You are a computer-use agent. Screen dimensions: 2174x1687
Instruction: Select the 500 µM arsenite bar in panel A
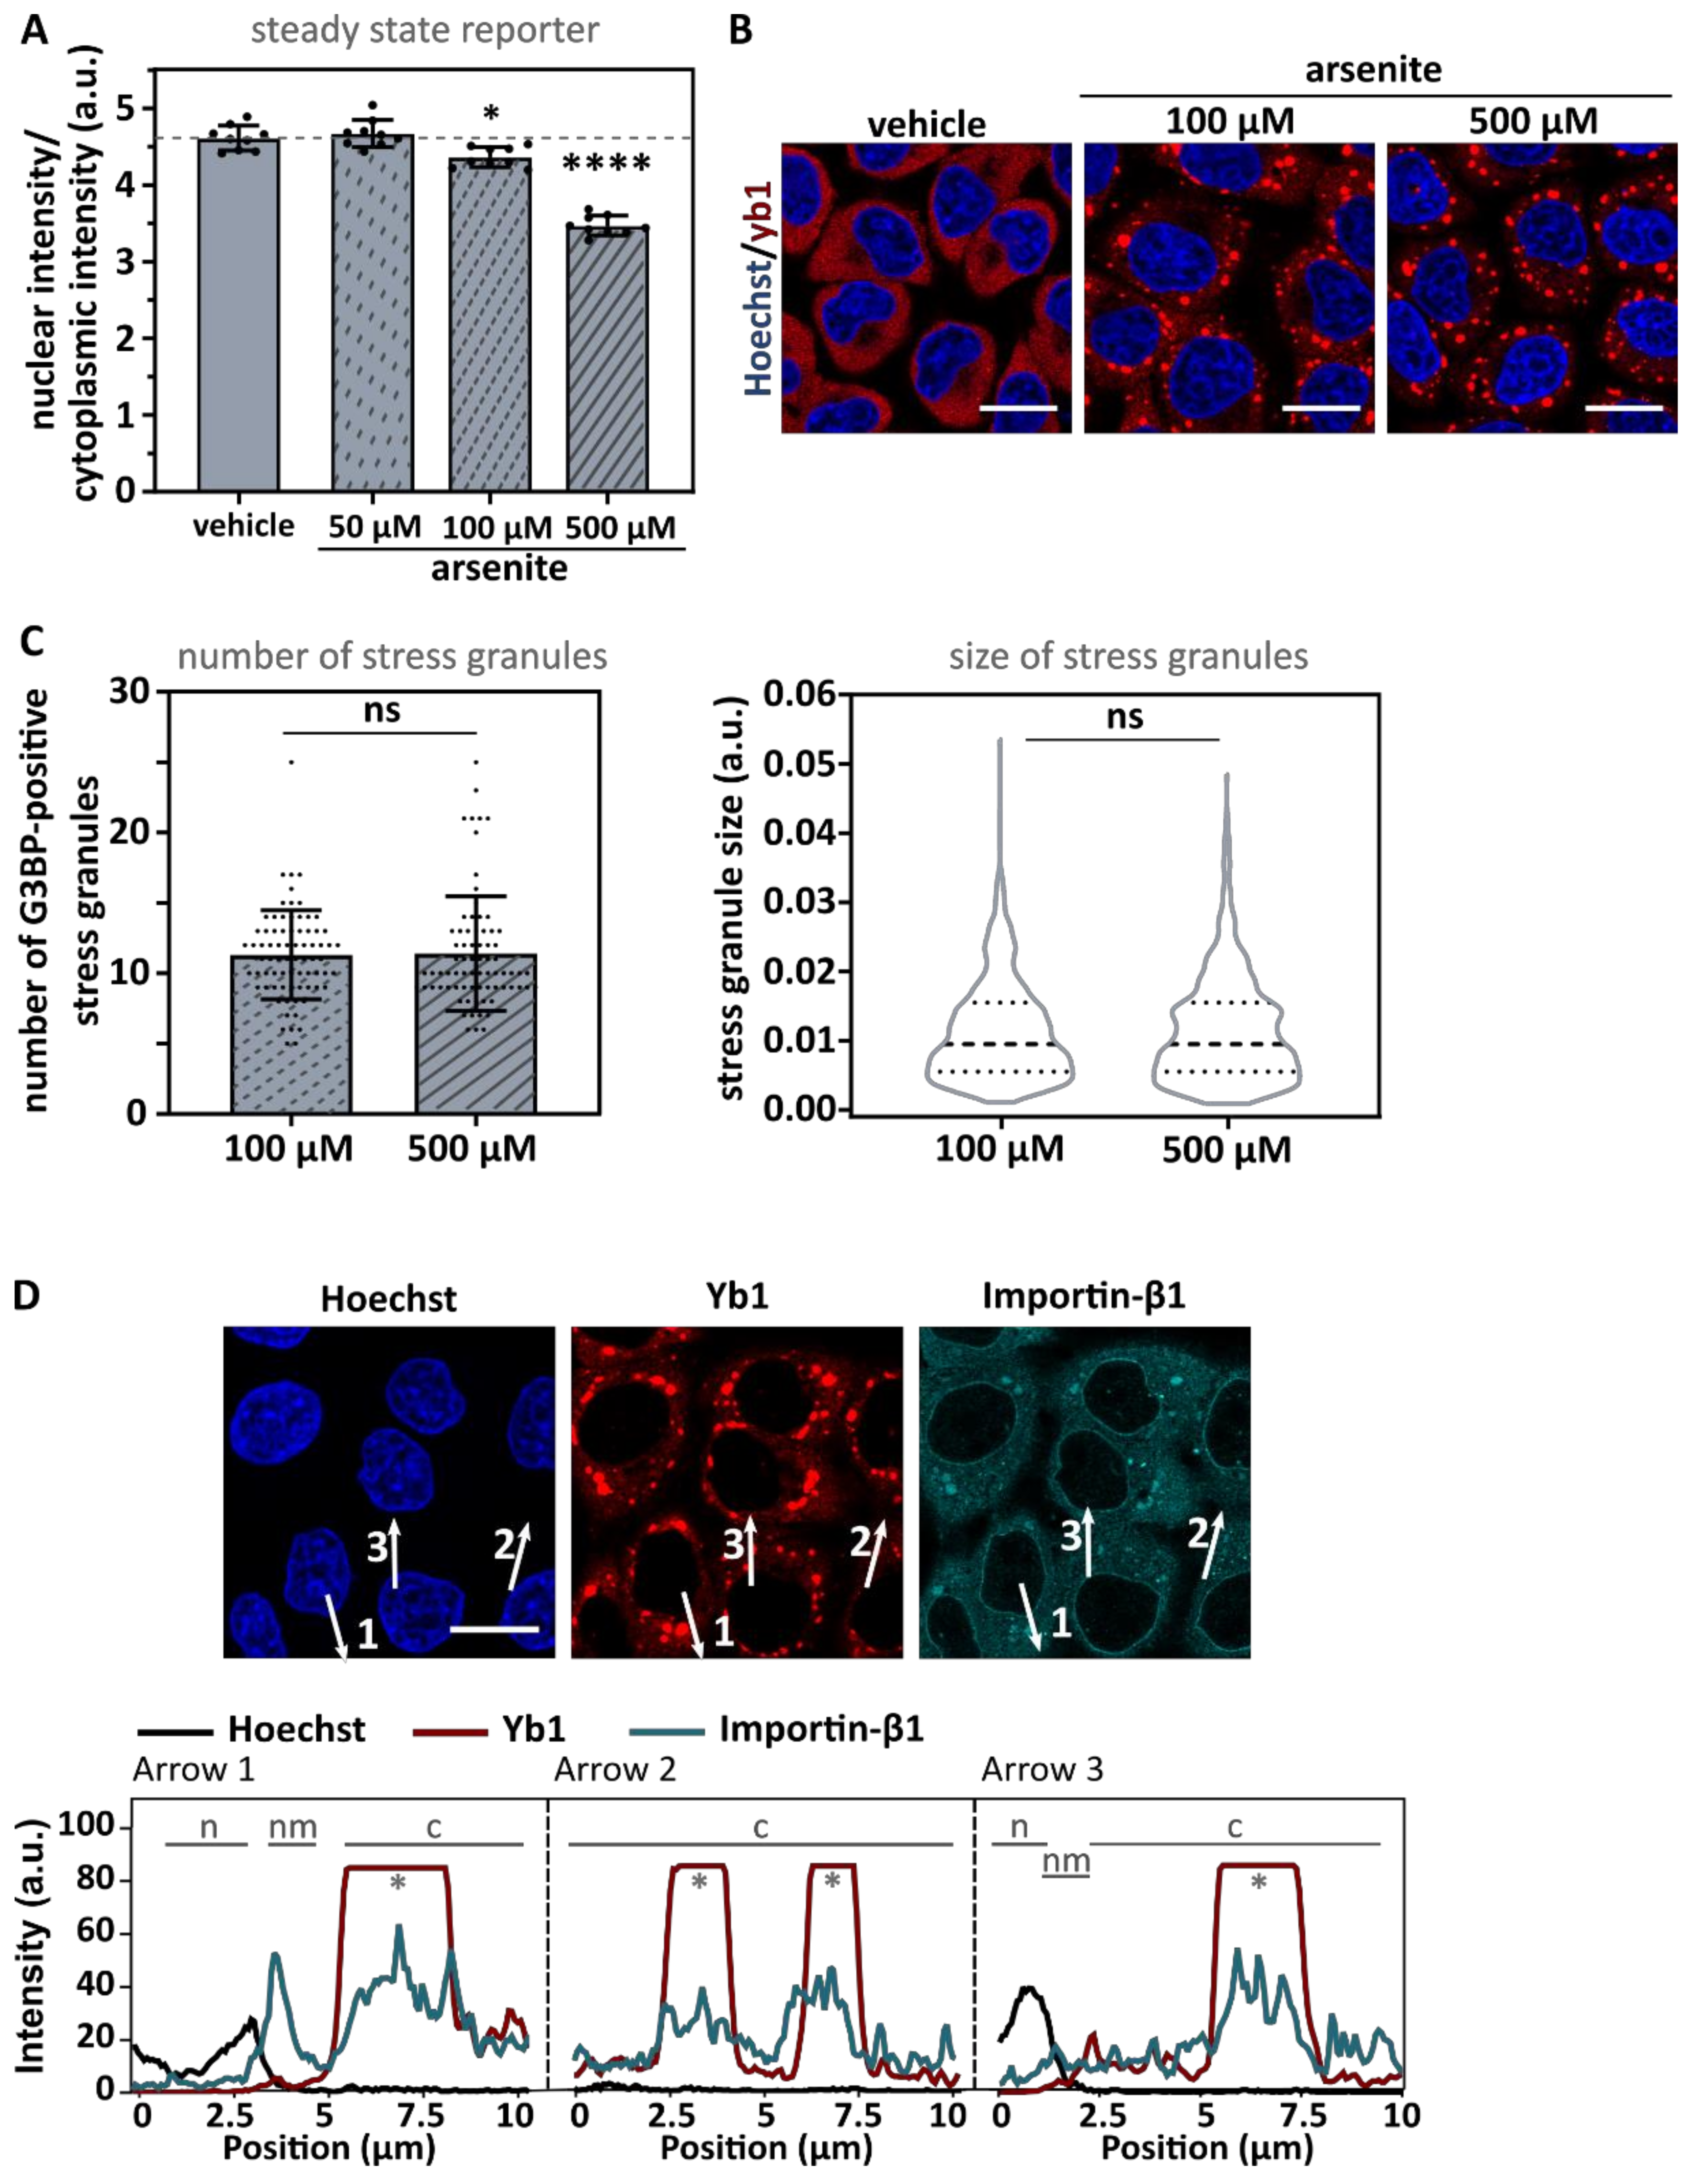pos(607,358)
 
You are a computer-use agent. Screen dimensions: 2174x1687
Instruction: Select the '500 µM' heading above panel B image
pos(1532,121)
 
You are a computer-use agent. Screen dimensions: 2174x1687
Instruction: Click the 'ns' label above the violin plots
pos(1124,716)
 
